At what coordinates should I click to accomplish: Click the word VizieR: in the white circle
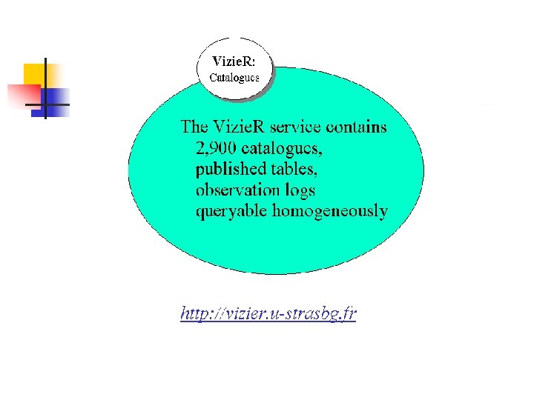[x=234, y=60]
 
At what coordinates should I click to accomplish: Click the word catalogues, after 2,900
[x=286, y=148]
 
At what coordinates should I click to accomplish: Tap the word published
[x=231, y=170]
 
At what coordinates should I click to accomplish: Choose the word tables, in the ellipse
[x=294, y=170]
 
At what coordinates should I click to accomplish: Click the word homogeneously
[x=330, y=212]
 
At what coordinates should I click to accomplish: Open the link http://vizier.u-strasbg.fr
[x=268, y=314]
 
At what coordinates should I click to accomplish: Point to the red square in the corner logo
[x=22, y=95]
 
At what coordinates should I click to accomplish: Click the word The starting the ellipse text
[x=195, y=127]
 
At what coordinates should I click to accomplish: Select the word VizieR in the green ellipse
[x=238, y=127]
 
